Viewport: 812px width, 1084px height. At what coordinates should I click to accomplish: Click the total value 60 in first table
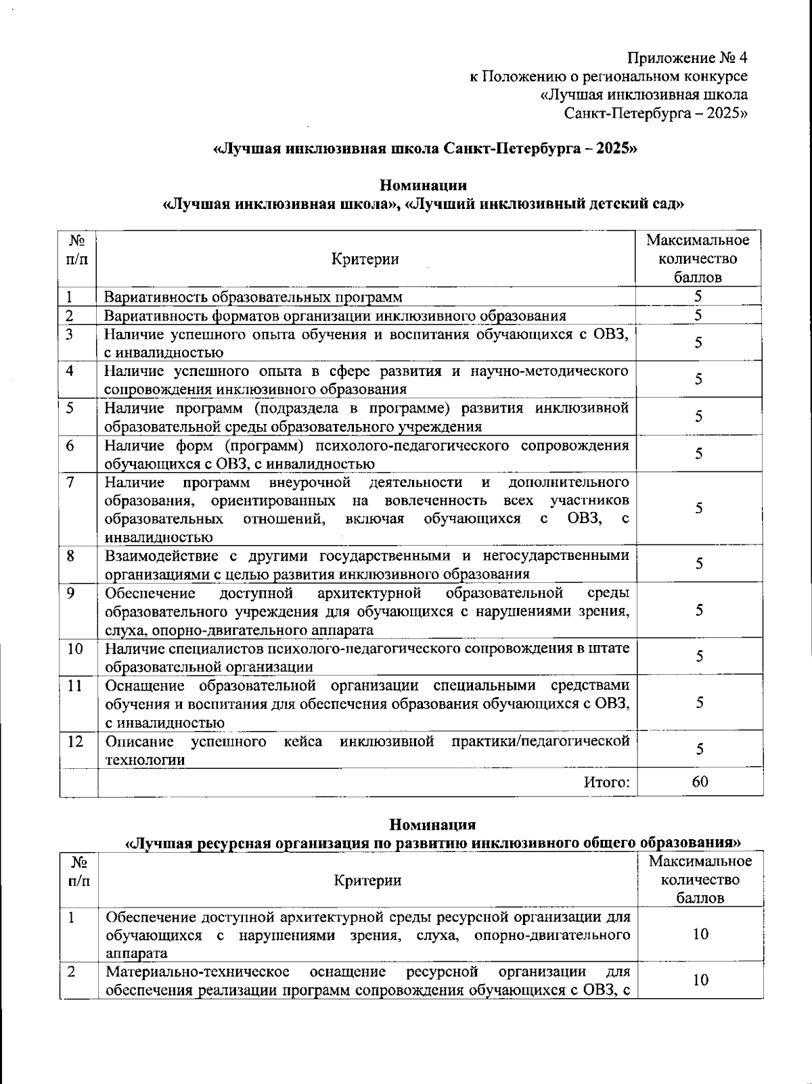point(700,782)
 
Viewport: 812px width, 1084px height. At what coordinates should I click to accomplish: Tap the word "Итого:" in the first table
point(607,782)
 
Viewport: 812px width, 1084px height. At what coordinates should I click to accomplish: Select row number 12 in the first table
point(75,741)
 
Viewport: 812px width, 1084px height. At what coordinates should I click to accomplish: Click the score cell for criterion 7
point(699,509)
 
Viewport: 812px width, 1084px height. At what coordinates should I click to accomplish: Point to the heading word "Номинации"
point(423,185)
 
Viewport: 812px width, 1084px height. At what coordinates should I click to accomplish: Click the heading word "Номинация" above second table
point(432,824)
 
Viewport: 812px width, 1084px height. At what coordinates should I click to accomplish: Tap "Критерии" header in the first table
point(365,259)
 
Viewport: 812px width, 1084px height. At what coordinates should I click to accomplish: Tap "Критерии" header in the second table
point(367,880)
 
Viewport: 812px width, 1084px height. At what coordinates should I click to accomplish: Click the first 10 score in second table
point(700,935)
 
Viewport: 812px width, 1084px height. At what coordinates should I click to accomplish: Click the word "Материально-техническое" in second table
point(198,972)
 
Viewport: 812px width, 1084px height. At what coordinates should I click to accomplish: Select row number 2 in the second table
point(70,972)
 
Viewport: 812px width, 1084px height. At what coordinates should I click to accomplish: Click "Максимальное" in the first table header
point(698,240)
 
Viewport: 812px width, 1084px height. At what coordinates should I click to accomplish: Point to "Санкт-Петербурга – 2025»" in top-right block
point(656,113)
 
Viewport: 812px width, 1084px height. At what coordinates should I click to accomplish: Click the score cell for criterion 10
point(699,657)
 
